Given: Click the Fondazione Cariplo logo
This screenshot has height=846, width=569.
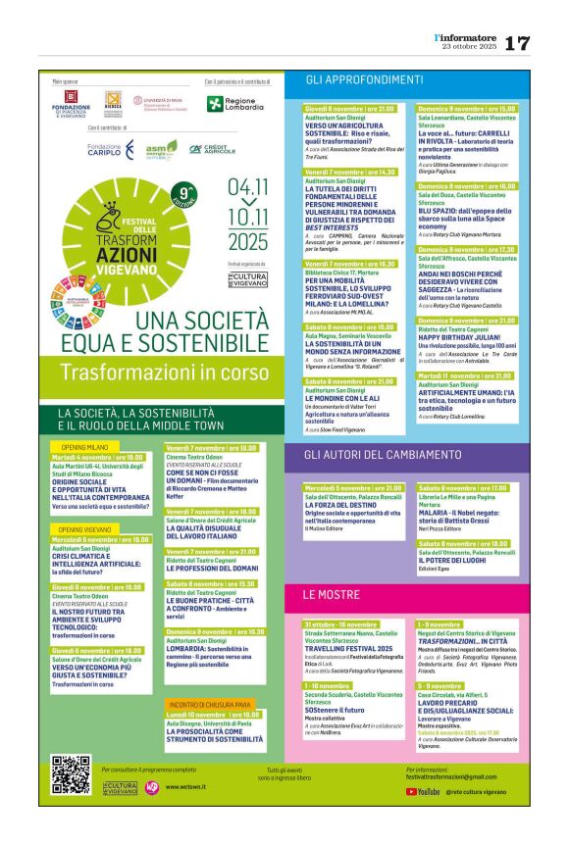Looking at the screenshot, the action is (107, 148).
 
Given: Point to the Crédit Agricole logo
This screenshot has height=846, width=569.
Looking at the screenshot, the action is (213, 149).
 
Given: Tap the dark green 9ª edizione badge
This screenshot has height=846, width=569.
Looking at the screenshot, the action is (183, 190).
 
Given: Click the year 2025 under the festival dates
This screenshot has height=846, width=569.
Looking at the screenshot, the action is (246, 241).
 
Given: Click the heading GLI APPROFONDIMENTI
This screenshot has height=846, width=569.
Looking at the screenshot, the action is (350, 77).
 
